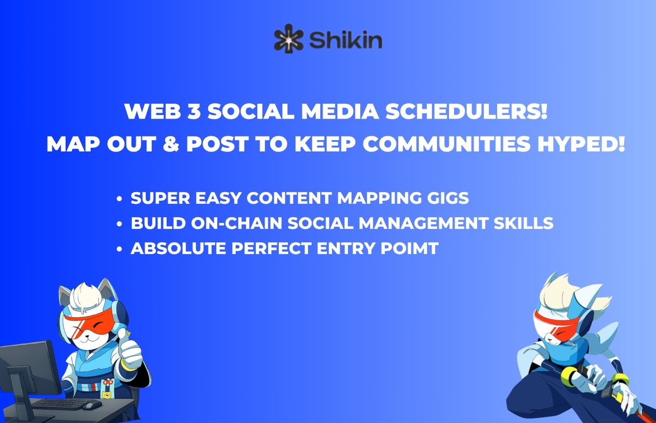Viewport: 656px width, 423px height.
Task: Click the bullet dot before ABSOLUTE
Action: click(x=119, y=249)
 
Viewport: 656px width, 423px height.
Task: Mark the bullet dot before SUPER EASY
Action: click(x=119, y=199)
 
